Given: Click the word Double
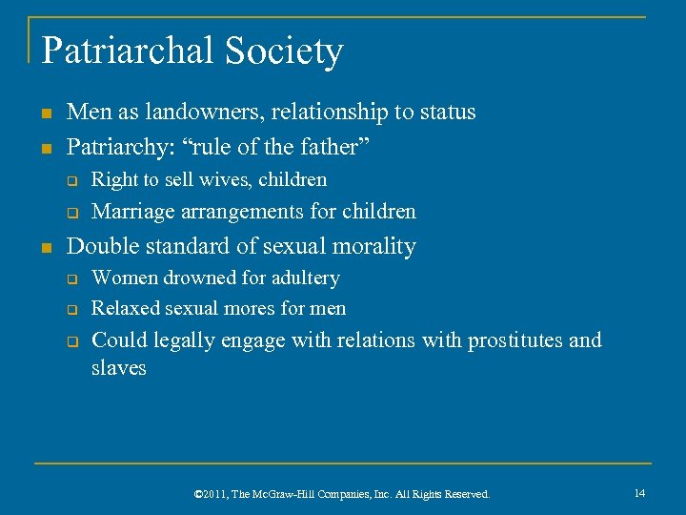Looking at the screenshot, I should pos(102,246).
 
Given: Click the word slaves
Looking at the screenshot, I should pos(118,367).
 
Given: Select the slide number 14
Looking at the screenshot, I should pos(639,493).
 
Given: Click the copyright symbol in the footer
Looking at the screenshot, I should pos(198,494).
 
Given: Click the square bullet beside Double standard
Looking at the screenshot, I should pos(46,247).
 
